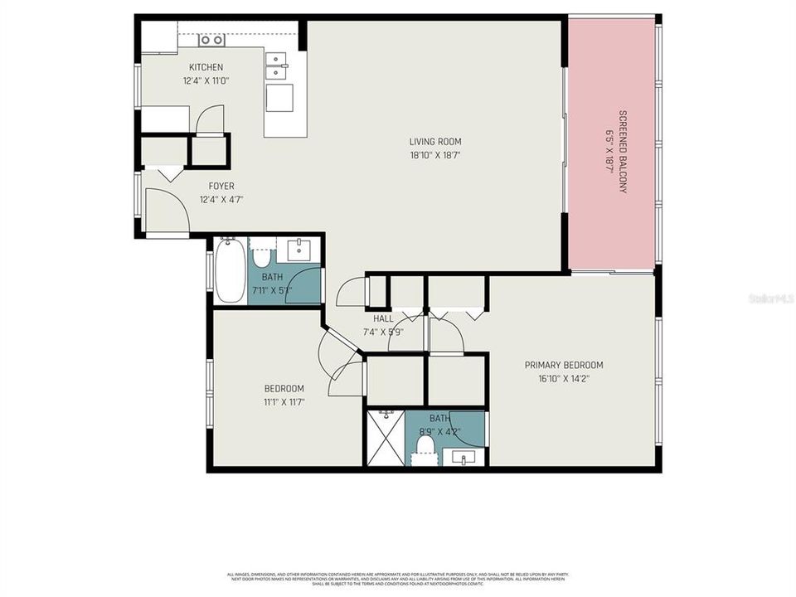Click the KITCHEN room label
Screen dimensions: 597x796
coord(206,67)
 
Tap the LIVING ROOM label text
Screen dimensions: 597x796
coord(435,142)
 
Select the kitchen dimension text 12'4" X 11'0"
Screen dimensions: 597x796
coord(206,81)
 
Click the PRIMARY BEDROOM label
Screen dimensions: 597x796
coord(564,365)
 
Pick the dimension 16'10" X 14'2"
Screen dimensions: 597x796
coord(564,379)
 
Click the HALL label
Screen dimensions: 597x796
coord(383,318)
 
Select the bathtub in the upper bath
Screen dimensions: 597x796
coord(230,270)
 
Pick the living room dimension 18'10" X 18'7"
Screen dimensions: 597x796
coord(435,155)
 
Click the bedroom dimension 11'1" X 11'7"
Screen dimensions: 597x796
coord(284,403)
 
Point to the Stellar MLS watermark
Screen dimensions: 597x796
coord(770,298)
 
